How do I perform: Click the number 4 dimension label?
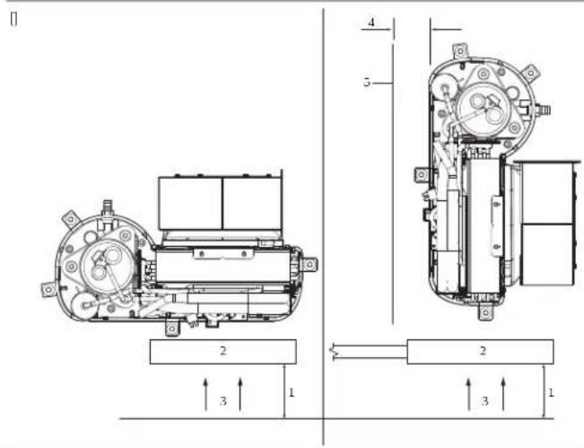pyautogui.click(x=371, y=22)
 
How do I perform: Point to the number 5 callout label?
pyautogui.click(x=367, y=82)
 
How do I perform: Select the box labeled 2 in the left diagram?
pyautogui.click(x=223, y=351)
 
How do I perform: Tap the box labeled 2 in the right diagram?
pyautogui.click(x=481, y=351)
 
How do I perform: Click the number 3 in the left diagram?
pyautogui.click(x=223, y=401)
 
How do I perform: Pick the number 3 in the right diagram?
pyautogui.click(x=484, y=401)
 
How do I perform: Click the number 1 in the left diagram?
pyautogui.click(x=292, y=392)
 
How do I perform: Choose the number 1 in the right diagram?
pyautogui.click(x=551, y=392)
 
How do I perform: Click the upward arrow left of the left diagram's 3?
pyautogui.click(x=206, y=395)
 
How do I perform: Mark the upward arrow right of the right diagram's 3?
pyautogui.click(x=503, y=395)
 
